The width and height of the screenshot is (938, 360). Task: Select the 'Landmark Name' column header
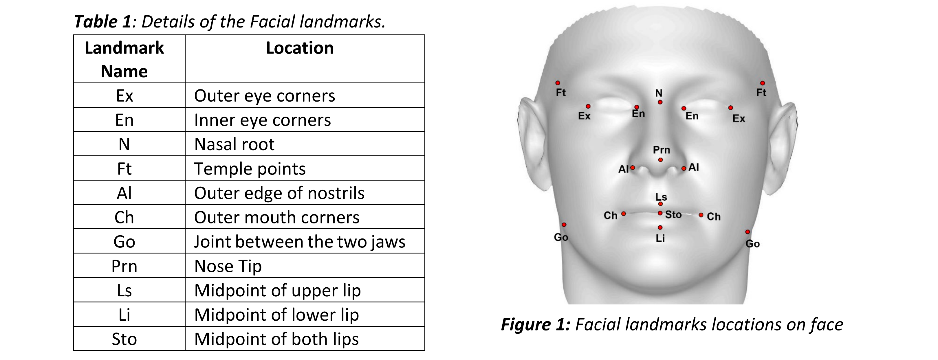pyautogui.click(x=124, y=59)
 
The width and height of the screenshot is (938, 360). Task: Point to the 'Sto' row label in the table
pyautogui.click(x=124, y=339)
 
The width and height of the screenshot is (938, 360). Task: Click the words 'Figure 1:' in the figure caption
pyautogui.click(x=536, y=324)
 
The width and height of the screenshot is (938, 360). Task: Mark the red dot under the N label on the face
pyautogui.click(x=660, y=102)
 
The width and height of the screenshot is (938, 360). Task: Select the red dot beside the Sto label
pyautogui.click(x=660, y=213)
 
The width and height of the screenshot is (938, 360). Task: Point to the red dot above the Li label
pyautogui.click(x=660, y=227)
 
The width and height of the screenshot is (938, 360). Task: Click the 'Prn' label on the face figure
pyautogui.click(x=661, y=150)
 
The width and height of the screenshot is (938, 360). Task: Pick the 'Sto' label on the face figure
pyautogui.click(x=673, y=214)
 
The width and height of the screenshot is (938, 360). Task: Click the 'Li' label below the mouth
pyautogui.click(x=660, y=238)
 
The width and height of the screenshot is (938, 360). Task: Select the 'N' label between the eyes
pyautogui.click(x=659, y=93)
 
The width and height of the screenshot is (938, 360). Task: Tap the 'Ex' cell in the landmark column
pyautogui.click(x=124, y=96)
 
